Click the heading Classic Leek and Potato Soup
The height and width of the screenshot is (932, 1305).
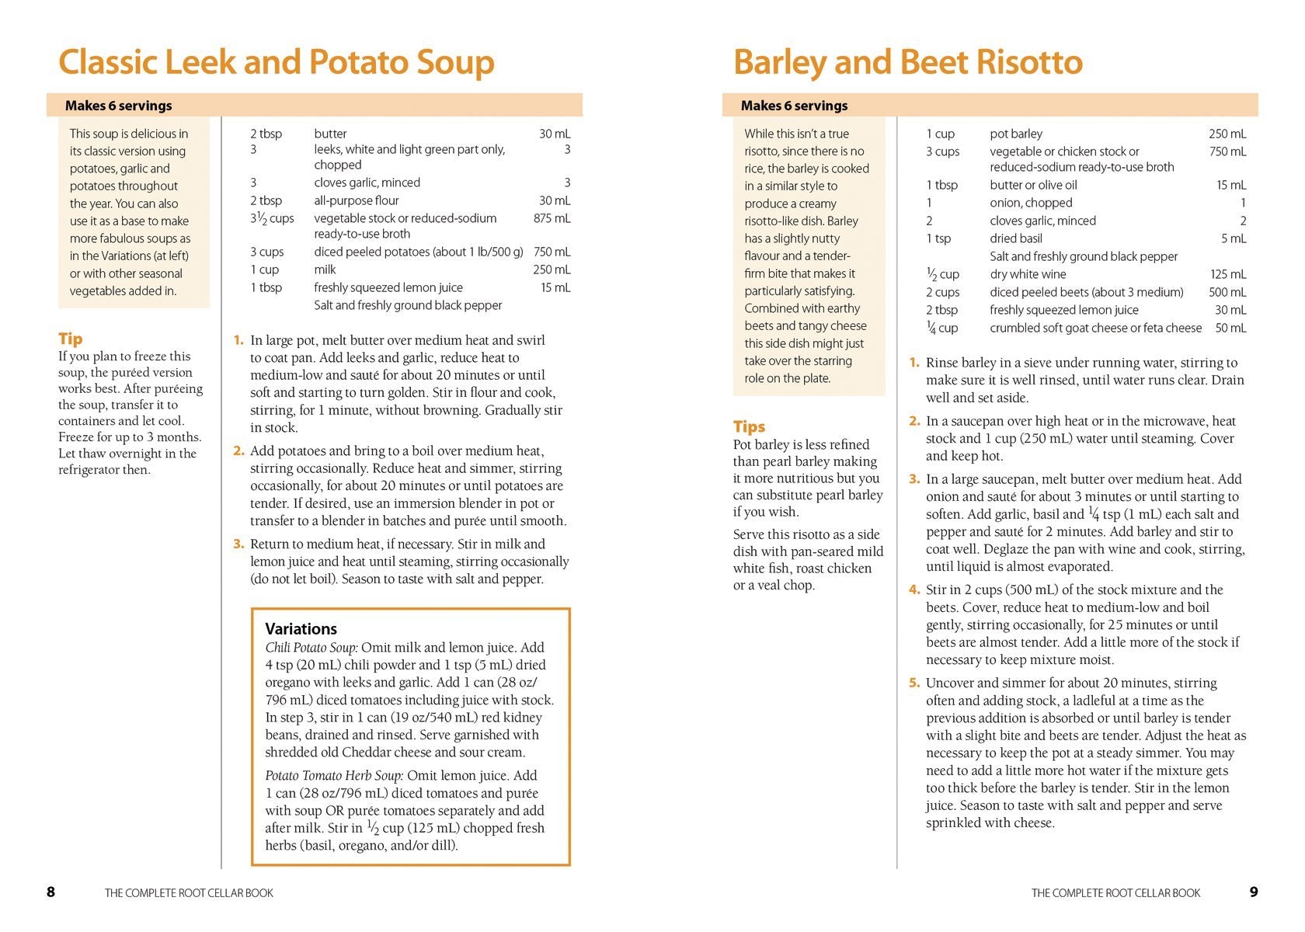pos(276,62)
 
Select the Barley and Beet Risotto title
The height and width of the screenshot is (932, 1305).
pos(907,62)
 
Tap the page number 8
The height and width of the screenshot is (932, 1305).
pos(50,892)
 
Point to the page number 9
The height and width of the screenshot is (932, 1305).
pos(1253,892)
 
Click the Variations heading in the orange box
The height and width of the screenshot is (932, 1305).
pos(301,629)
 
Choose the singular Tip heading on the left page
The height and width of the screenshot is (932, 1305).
pos(70,339)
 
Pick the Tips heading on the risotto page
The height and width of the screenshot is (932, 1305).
pos(749,426)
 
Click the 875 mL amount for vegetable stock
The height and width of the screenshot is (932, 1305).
pos(552,218)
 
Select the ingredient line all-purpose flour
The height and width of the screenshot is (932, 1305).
pos(356,200)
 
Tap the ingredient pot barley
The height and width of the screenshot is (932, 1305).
pos(1015,134)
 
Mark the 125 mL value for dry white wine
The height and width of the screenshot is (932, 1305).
pos(1227,274)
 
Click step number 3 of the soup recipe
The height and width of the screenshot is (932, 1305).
pos(238,544)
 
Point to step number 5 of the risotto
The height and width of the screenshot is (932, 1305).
pos(914,683)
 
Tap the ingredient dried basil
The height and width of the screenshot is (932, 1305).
pos(1015,238)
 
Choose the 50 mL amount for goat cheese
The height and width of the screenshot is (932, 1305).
pos(1230,328)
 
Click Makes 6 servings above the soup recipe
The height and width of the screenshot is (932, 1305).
pos(118,106)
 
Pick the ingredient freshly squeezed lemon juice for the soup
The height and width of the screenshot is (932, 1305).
pos(388,287)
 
